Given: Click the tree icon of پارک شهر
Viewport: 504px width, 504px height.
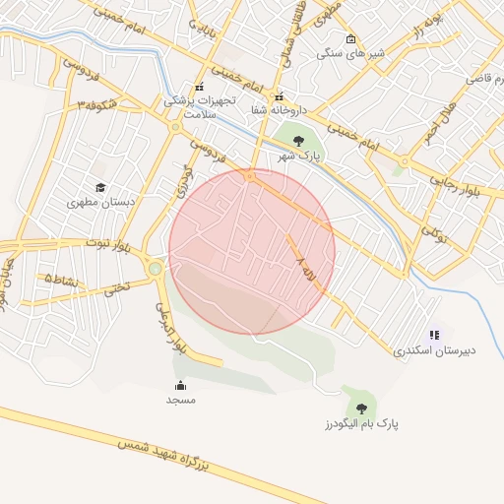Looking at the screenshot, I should coord(299,140).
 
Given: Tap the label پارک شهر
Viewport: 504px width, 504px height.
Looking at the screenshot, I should coord(299,157).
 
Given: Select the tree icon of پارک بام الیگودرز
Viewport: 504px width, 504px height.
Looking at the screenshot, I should coord(361,407).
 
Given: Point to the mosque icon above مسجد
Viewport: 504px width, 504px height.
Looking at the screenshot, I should coord(180,385).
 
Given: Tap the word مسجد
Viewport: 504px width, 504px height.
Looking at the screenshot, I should coord(180,400).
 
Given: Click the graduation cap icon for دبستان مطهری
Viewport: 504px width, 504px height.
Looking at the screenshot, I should coord(100,187).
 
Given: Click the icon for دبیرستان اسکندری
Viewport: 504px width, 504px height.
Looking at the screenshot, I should coord(434,336).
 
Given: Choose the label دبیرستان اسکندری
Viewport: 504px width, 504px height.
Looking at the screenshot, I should coord(433,350).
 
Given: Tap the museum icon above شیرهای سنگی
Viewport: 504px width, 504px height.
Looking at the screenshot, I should coord(351,38).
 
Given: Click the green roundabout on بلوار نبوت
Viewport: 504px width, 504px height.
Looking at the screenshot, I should coord(155,267).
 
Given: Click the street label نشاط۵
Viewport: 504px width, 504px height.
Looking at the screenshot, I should coord(64,280).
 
